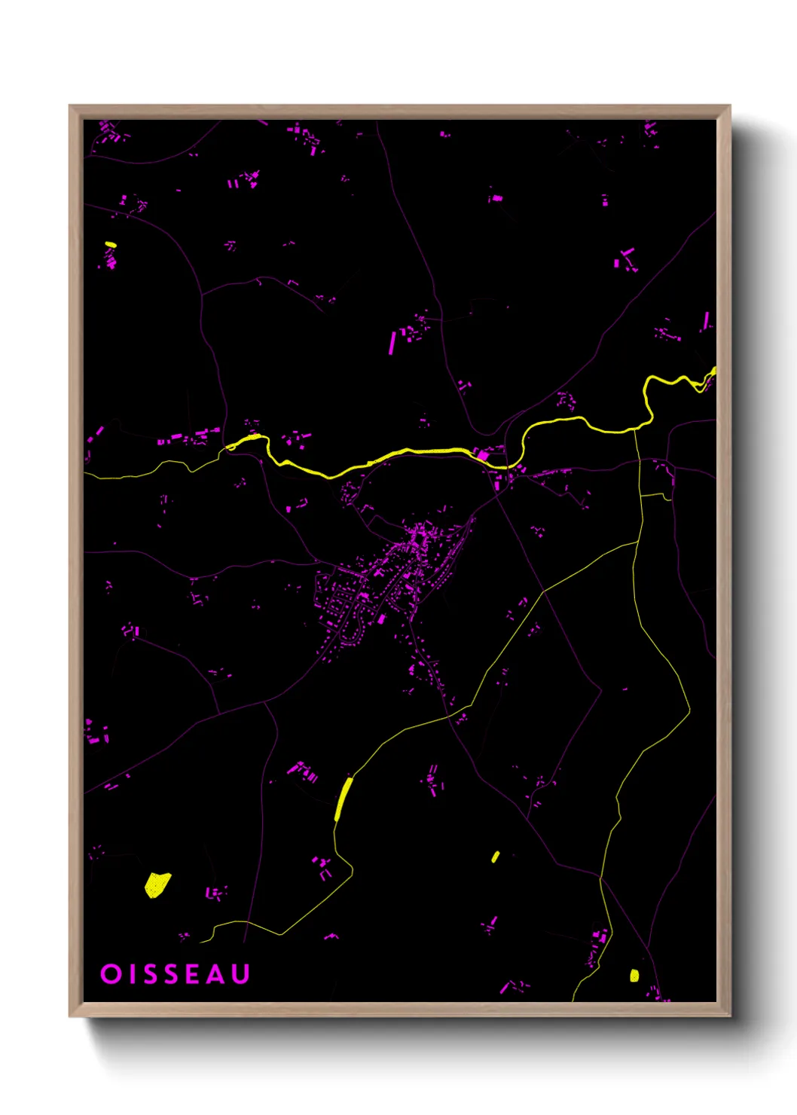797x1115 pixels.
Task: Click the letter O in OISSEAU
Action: [x=111, y=974]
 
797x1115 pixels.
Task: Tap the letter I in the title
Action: [x=130, y=974]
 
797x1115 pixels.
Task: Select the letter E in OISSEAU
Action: [x=192, y=974]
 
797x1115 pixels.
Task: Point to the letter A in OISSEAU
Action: [x=216, y=974]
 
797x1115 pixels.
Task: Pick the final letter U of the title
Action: [x=240, y=974]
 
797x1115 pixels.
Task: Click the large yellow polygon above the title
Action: [x=156, y=884]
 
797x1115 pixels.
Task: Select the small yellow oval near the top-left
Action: [x=111, y=244]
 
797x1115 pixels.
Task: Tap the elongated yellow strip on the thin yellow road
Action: [x=344, y=798]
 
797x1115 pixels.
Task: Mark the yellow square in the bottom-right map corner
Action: [x=634, y=976]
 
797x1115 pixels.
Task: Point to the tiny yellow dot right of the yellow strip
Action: [x=495, y=857]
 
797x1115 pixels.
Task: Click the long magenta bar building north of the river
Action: [x=392, y=343]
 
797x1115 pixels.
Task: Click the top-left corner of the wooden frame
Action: [x=70, y=106]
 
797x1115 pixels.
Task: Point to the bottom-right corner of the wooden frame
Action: [x=729, y=1016]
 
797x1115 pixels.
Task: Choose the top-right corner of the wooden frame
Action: [x=729, y=106]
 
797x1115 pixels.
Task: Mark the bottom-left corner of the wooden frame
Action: [x=70, y=1016]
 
